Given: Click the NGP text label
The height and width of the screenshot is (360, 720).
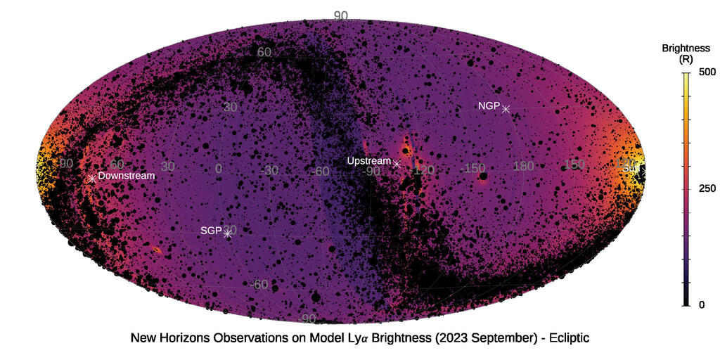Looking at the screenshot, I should pyautogui.click(x=489, y=106).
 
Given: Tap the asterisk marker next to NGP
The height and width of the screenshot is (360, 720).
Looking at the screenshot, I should pyautogui.click(x=506, y=108).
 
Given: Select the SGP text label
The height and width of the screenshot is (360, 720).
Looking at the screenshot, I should pyautogui.click(x=211, y=230).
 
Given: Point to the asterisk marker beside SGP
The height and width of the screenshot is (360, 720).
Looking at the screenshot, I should pyautogui.click(x=227, y=233).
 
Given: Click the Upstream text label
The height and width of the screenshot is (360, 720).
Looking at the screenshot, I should pyautogui.click(x=369, y=161).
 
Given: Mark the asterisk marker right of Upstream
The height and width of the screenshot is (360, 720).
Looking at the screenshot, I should pyautogui.click(x=397, y=164).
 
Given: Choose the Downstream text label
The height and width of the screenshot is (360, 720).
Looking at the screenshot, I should pyautogui.click(x=126, y=175).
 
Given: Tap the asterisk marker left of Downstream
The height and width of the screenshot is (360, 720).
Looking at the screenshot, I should pyautogui.click(x=91, y=179).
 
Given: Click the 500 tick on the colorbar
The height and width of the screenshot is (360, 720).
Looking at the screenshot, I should pyautogui.click(x=707, y=72).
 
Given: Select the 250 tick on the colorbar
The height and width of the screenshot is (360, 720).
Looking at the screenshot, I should pyautogui.click(x=707, y=188).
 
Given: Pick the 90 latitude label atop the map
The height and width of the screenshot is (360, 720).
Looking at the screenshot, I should pyautogui.click(x=341, y=15).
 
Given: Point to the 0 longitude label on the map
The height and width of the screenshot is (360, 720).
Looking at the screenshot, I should pyautogui.click(x=218, y=169).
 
